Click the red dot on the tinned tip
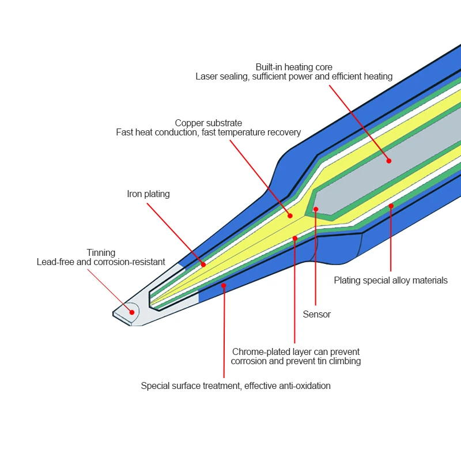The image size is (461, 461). pyautogui.click(x=132, y=312)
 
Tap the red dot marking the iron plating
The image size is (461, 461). pyautogui.click(x=203, y=264)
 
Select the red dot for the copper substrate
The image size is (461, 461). pyautogui.click(x=290, y=216)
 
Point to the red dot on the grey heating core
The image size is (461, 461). pyautogui.click(x=389, y=161)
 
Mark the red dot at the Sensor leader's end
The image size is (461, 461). pyautogui.click(x=316, y=209)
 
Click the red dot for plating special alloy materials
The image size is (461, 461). pyautogui.click(x=391, y=206)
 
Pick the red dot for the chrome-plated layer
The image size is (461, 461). pyautogui.click(x=295, y=238)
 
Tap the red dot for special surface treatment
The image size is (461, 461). pyautogui.click(x=224, y=285)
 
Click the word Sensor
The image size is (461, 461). pyautogui.click(x=317, y=315)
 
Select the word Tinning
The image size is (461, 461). pyautogui.click(x=101, y=252)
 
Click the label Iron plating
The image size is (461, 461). pyautogui.click(x=148, y=194)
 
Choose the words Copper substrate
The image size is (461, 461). pyautogui.click(x=209, y=123)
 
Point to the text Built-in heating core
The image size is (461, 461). pyautogui.click(x=294, y=67)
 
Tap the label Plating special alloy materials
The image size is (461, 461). pyautogui.click(x=391, y=281)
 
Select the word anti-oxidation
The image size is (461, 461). pyautogui.click(x=304, y=386)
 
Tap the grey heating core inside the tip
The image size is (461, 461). pyautogui.click(x=403, y=167)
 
